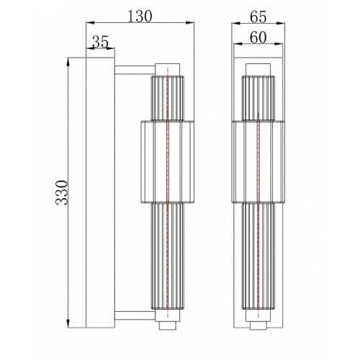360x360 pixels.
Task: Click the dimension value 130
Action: (x=140, y=17)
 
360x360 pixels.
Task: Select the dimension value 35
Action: (x=101, y=42)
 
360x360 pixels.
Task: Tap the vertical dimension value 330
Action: (x=62, y=192)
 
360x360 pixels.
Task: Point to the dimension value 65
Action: (x=258, y=17)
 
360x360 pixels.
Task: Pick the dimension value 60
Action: (x=258, y=37)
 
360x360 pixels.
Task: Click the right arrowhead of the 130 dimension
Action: (x=189, y=23)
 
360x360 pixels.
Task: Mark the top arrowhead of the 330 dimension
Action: (x=68, y=62)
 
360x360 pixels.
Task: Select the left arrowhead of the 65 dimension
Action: (x=236, y=23)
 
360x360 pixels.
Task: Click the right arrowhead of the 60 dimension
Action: (x=279, y=44)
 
